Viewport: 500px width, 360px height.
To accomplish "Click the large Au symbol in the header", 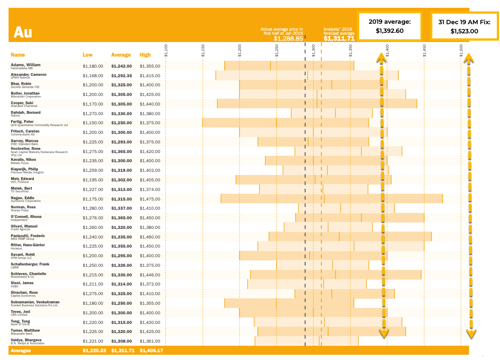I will pyautogui.click(x=22, y=32).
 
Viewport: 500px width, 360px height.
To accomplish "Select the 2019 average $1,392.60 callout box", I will pyautogui.click(x=390, y=26).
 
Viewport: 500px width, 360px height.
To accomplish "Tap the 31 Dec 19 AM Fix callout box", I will pyautogui.click(x=464, y=26).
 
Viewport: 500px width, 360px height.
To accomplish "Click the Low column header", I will pyautogui.click(x=88, y=55).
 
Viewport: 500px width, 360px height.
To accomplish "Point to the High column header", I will pyautogui.click(x=145, y=55).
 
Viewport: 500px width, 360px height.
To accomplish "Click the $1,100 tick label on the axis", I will pyautogui.click(x=166, y=51).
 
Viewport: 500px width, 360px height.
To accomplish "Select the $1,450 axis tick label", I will pyautogui.click(x=425, y=51).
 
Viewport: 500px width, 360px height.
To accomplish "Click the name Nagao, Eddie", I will pyautogui.click(x=23, y=198).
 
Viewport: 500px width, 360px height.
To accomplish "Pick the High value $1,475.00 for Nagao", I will pyautogui.click(x=150, y=199).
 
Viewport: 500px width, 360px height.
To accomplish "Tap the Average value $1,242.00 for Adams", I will pyautogui.click(x=121, y=66).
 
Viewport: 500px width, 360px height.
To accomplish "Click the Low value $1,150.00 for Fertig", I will pyautogui.click(x=93, y=123).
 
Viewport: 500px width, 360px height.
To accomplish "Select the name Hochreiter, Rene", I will pyautogui.click(x=26, y=148).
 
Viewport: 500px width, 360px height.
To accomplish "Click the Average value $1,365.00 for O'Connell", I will pyautogui.click(x=121, y=218).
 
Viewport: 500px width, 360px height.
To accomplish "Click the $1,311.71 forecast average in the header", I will pyautogui.click(x=339, y=39).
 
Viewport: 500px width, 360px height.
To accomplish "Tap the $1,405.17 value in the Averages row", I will pyautogui.click(x=151, y=351).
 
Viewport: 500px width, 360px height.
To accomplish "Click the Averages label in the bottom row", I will pyautogui.click(x=21, y=351).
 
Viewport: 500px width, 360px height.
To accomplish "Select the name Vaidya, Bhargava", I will pyautogui.click(x=26, y=340).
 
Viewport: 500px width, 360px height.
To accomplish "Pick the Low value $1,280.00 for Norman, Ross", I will pyautogui.click(x=93, y=208).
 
